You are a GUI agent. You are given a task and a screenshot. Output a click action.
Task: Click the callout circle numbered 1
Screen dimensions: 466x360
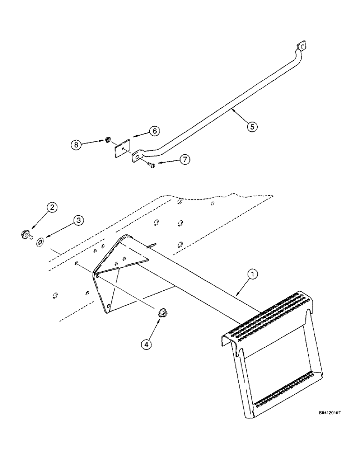click(x=252, y=275)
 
